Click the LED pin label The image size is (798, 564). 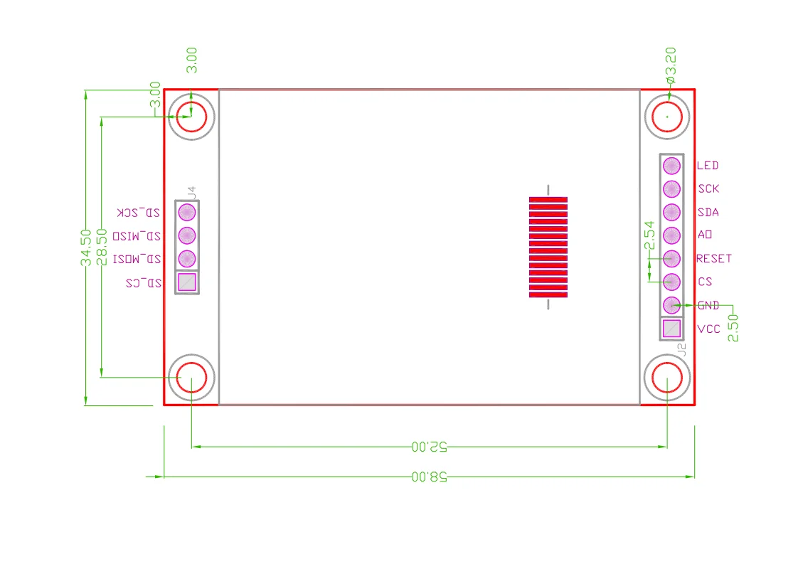(x=708, y=166)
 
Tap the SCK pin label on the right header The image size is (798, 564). (x=708, y=189)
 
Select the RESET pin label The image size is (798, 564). (x=714, y=259)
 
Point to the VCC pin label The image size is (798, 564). (x=709, y=329)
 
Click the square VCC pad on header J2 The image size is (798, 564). (x=671, y=329)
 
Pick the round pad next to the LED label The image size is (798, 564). (x=671, y=166)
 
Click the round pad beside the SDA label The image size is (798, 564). (x=671, y=213)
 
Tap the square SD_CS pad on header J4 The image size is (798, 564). (x=186, y=282)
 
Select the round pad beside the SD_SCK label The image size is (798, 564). (x=186, y=212)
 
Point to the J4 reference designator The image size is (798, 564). (x=191, y=192)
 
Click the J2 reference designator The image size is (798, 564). (x=682, y=349)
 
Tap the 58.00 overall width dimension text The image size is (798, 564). (x=429, y=477)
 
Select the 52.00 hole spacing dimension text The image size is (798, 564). (x=429, y=447)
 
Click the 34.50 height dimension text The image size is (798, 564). (x=86, y=248)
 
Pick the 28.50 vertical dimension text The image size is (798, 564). (x=102, y=248)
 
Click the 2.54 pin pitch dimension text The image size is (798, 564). (x=649, y=235)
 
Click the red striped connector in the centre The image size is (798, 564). (x=548, y=247)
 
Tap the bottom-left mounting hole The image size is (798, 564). (x=191, y=378)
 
